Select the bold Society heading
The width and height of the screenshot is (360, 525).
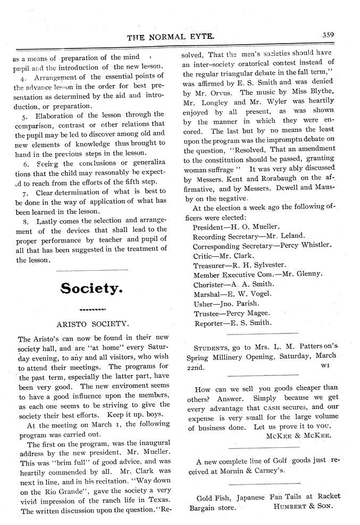[x=91, y=288]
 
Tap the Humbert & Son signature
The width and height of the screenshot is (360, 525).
[x=303, y=507]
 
